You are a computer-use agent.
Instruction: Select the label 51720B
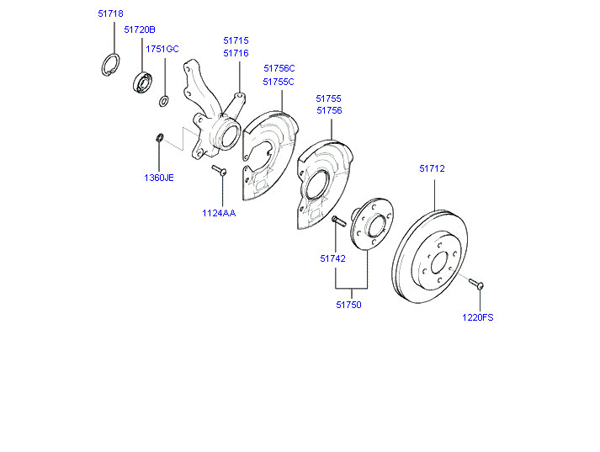click(x=140, y=29)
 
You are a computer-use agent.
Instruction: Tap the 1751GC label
click(x=162, y=49)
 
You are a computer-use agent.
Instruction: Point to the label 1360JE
click(x=158, y=178)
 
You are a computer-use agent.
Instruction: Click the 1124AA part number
click(x=219, y=213)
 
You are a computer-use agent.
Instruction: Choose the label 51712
click(x=432, y=168)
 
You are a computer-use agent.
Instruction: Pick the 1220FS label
click(x=477, y=317)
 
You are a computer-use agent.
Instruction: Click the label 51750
click(x=348, y=305)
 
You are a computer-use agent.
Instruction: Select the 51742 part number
click(x=332, y=258)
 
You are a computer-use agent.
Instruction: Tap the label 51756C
click(x=279, y=68)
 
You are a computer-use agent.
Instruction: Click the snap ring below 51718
click(x=111, y=65)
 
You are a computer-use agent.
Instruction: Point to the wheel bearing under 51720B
click(x=141, y=82)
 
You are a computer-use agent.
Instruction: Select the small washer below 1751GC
click(x=164, y=102)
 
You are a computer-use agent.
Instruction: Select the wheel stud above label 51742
click(x=337, y=221)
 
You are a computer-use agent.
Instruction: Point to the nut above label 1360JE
click(x=158, y=137)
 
